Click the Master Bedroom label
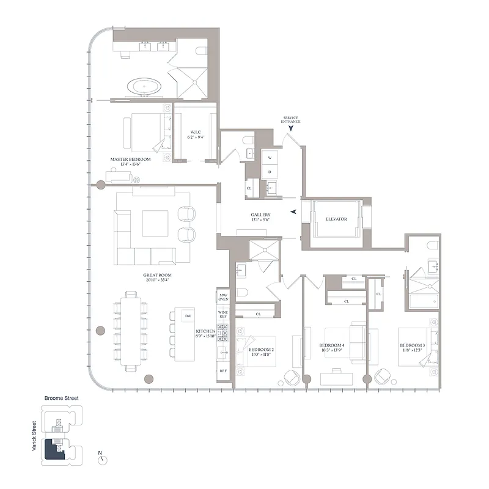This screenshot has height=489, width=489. pyautogui.click(x=130, y=161)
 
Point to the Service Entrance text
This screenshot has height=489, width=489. pyautogui.click(x=291, y=120)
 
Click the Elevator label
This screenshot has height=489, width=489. pyautogui.click(x=336, y=219)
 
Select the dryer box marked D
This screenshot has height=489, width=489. pyautogui.click(x=270, y=172)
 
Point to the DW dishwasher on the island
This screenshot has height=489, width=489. pyautogui.click(x=188, y=315)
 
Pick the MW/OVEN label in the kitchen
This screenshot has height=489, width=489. pyautogui.click(x=222, y=297)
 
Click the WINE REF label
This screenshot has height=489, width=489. pyautogui.click(x=222, y=318)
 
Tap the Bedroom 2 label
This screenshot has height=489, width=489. pyautogui.click(x=261, y=351)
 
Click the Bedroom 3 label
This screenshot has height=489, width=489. pyautogui.click(x=412, y=347)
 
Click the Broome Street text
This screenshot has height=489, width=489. pyautogui.click(x=61, y=398)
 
